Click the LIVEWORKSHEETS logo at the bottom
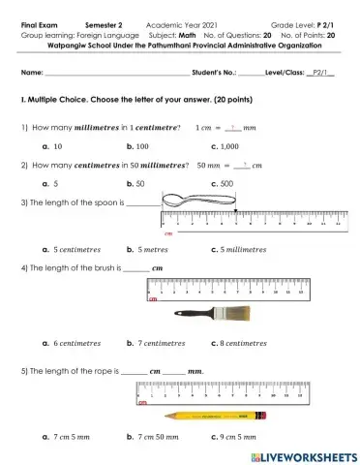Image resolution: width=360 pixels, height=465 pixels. [x=303, y=455]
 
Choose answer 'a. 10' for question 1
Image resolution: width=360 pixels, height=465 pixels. [x=53, y=145]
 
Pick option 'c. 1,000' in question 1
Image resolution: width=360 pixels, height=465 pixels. [x=225, y=145]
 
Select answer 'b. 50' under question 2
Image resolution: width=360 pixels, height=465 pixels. [x=135, y=182]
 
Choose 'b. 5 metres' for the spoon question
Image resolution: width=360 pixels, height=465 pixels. [x=148, y=249]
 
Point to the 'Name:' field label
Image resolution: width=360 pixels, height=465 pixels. [x=31, y=73]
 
